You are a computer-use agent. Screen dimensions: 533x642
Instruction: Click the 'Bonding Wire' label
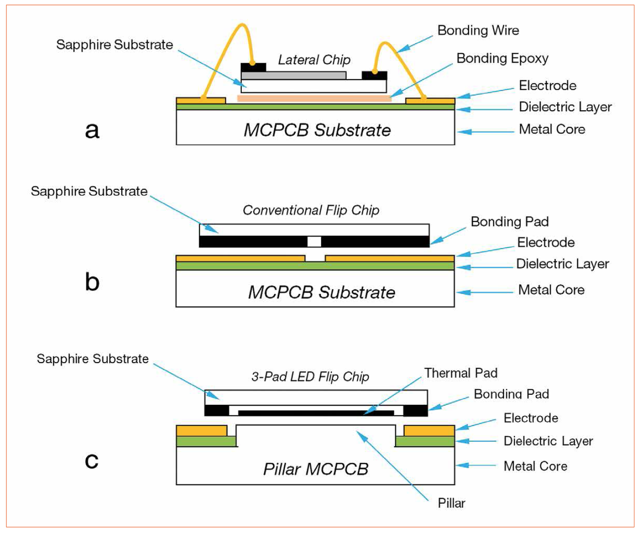pos(478,31)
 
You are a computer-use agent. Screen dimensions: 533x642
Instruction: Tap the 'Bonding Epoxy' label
pos(502,59)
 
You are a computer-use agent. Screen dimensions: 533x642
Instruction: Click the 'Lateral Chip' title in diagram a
pos(314,60)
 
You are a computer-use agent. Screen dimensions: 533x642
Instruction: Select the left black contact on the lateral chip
pos(253,67)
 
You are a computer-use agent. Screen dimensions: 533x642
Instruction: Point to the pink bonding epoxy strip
pos(314,98)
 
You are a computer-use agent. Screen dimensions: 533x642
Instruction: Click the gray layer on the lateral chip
pos(293,76)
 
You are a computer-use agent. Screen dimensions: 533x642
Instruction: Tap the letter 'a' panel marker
pos(92,130)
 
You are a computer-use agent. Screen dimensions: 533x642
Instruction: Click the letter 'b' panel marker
pos(92,282)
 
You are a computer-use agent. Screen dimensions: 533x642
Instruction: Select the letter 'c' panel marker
pos(92,460)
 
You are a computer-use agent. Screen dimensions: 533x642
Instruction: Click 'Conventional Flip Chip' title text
pos(311,210)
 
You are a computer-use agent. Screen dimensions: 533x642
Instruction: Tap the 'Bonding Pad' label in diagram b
pos(510,222)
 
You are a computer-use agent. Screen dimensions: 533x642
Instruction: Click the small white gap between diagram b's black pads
pos(314,241)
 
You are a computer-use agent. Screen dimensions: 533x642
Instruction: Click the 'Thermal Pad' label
pos(460,373)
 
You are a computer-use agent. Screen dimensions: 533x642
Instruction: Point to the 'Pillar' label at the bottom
pos(451,503)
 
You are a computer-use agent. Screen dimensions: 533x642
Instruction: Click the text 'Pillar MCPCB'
pos(315,469)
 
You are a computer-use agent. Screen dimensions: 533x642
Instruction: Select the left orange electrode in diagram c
pos(201,430)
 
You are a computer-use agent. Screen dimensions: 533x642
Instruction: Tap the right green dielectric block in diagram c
pos(425,441)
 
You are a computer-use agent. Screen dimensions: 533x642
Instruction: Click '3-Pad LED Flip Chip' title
pos(310,377)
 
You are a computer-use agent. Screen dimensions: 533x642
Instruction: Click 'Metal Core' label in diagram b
pos(551,290)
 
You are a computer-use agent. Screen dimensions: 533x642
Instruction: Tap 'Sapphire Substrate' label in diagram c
pos(93,359)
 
